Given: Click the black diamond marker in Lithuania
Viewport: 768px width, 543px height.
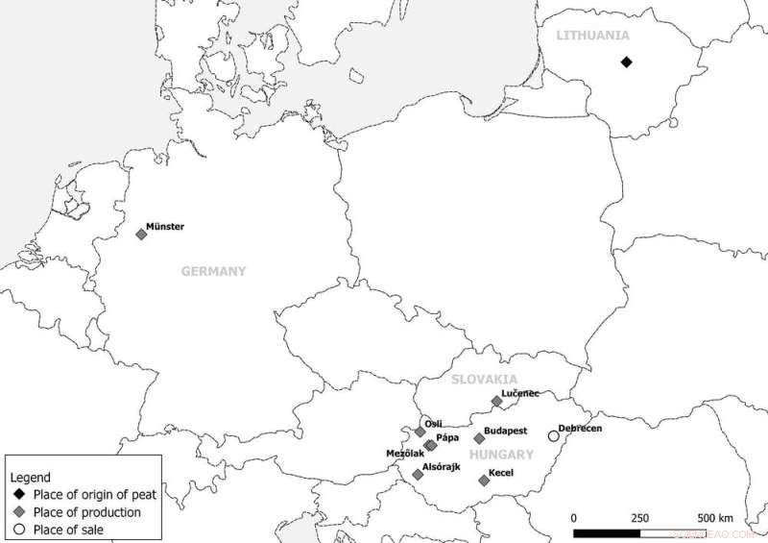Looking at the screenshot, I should (626, 62).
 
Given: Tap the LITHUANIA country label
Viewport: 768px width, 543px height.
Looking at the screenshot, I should (592, 36).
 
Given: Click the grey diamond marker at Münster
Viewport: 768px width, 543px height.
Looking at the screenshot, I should (141, 234).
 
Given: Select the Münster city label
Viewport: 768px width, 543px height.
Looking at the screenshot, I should (165, 227).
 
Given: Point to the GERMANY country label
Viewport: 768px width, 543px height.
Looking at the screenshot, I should (213, 272).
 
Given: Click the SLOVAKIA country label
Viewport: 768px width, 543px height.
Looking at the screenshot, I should (485, 380).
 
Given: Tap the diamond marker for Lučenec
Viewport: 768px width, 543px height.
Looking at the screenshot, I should (496, 401).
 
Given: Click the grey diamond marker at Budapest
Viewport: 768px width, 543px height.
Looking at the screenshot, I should (480, 438).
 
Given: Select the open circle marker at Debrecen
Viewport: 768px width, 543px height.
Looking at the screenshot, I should (553, 435).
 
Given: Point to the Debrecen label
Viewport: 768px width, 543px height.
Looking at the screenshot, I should (581, 428).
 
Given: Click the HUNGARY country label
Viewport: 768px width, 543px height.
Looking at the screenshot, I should (501, 454).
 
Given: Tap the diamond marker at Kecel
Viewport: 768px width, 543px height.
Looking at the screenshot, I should (484, 480).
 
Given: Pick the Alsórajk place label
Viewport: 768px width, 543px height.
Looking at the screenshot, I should (443, 467).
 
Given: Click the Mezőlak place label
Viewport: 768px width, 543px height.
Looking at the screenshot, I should (404, 452).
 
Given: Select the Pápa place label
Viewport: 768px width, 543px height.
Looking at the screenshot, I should (446, 438).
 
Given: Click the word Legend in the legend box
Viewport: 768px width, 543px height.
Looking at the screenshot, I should (30, 478).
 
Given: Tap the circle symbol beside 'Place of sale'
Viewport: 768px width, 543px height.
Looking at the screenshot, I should (19, 530).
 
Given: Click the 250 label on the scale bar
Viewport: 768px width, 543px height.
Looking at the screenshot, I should (639, 518).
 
